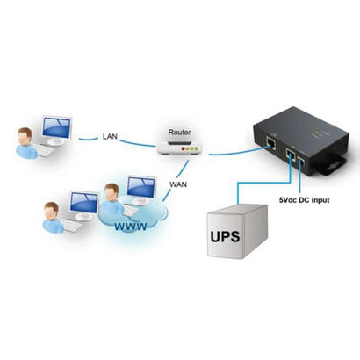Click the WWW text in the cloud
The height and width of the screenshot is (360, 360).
129,227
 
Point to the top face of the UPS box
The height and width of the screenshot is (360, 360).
236,205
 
